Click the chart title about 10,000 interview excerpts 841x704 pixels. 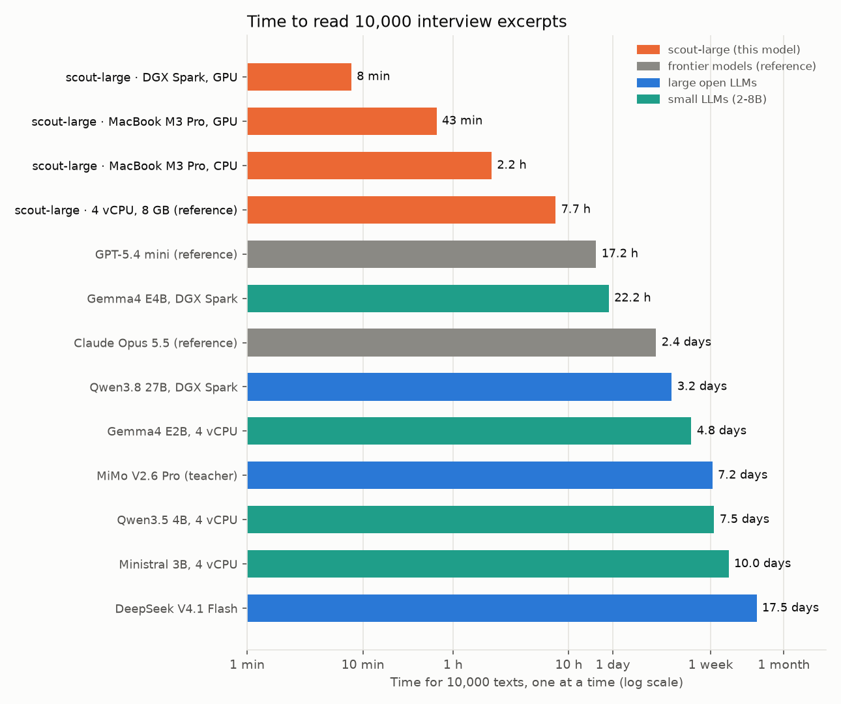[406, 22]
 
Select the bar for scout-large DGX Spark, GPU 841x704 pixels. [299, 77]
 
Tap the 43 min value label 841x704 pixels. [462, 121]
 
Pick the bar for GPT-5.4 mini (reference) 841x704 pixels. [421, 254]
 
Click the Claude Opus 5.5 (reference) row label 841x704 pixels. [155, 343]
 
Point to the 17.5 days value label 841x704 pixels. [790, 608]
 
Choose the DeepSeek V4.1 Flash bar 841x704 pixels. [502, 608]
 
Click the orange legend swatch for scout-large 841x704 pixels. [648, 50]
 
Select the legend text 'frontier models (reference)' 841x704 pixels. [741, 66]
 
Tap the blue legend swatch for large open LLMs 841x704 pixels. [648, 83]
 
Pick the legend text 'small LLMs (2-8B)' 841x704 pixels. [717, 99]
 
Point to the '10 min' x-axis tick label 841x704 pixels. [363, 664]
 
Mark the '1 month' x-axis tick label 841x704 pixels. [784, 664]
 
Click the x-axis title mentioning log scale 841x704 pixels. [537, 682]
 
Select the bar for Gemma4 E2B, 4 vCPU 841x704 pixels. [469, 431]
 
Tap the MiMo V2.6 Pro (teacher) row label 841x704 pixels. [167, 476]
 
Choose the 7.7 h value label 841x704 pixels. [576, 209]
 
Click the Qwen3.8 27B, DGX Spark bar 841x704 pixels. [459, 387]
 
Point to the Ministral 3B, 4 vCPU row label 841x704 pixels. [178, 565]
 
